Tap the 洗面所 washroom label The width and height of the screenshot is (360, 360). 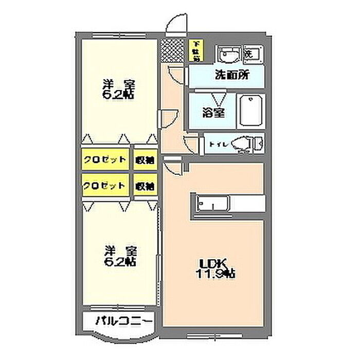(231, 75)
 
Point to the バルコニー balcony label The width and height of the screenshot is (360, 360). (123, 321)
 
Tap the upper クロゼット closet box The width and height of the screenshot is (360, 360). (105, 159)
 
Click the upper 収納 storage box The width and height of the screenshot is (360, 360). (146, 159)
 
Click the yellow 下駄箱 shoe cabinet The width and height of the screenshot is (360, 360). (196, 50)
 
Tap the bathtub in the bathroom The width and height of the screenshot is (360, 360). (250, 112)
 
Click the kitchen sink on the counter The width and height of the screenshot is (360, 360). (209, 205)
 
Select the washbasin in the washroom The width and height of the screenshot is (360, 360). (228, 53)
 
